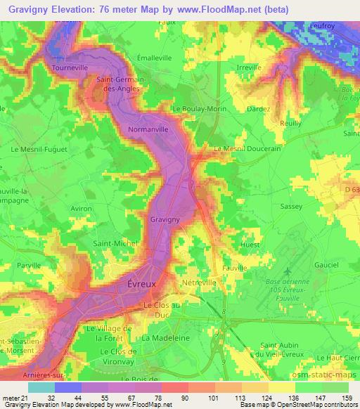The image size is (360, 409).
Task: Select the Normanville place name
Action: coord(149,130)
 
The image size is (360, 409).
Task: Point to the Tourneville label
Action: coord(70,68)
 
